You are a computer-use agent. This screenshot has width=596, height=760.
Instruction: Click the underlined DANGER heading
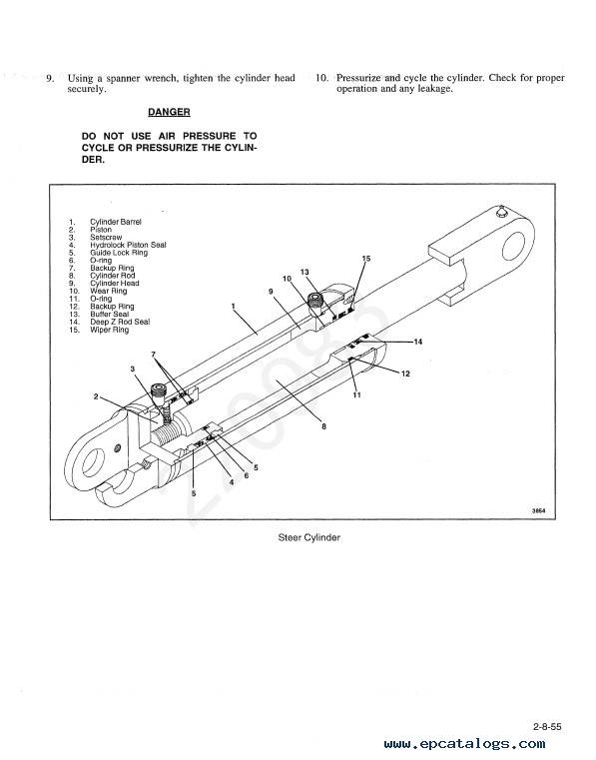coord(169,112)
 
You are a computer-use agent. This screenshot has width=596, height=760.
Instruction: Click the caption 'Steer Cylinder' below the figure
coord(309,537)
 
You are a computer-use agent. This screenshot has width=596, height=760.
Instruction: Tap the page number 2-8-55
coord(547,727)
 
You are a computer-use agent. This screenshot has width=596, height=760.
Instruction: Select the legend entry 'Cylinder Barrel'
coord(116,222)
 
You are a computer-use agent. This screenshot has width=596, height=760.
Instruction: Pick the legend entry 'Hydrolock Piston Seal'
coord(128,245)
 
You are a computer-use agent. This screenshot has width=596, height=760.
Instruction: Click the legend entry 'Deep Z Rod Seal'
coord(120,322)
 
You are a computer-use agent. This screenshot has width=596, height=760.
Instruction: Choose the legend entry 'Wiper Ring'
coord(109,330)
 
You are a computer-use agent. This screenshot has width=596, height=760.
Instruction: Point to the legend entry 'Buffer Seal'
coord(109,314)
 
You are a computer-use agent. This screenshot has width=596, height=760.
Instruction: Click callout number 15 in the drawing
coord(366,259)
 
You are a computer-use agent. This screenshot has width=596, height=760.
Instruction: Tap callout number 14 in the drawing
coord(418,342)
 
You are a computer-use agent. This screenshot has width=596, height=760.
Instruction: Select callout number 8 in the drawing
coord(323,426)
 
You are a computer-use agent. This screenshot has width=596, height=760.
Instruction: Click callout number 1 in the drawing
coord(233,307)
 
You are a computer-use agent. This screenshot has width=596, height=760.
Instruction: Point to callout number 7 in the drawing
coord(154,355)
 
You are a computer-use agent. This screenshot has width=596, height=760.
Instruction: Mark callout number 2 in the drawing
coord(96,396)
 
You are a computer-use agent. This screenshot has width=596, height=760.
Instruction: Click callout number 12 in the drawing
coord(405,374)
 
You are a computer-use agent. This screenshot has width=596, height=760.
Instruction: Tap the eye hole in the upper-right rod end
coord(514,246)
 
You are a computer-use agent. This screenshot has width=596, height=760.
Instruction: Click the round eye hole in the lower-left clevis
coord(93,462)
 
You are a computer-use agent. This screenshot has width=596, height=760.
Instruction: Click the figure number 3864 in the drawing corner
coord(538,510)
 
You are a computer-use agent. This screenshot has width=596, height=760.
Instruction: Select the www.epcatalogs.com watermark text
coord(464,744)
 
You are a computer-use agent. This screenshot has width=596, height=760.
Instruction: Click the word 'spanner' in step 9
coord(123,79)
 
